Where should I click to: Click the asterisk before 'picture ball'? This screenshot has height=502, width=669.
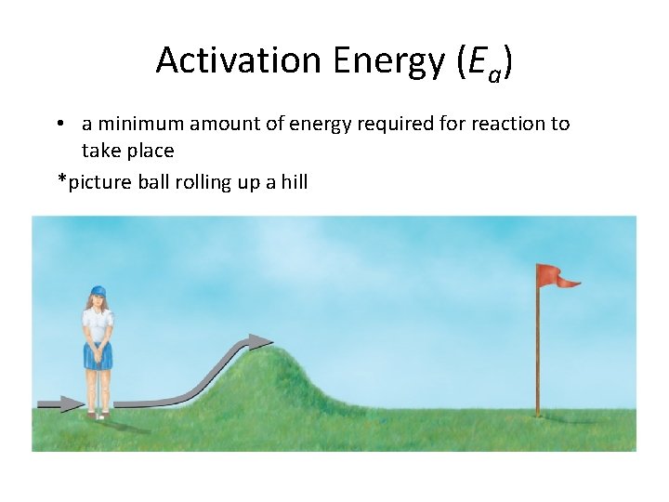click(62, 179)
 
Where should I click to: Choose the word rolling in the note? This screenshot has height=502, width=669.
click(204, 181)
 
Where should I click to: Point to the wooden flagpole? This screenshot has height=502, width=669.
click(537, 353)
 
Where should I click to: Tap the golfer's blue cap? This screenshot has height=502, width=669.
click(98, 292)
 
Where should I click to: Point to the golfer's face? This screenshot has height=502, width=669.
click(98, 301)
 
